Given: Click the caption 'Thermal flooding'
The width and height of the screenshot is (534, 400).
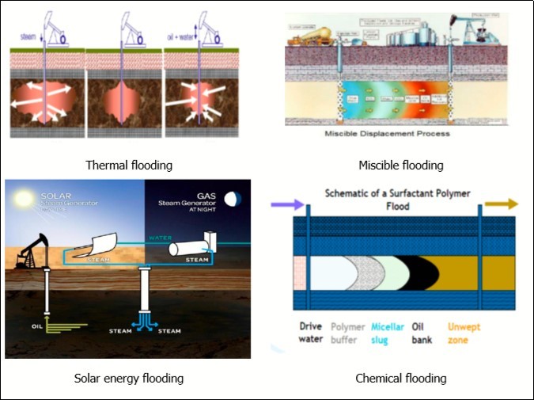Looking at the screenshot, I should point(130,166).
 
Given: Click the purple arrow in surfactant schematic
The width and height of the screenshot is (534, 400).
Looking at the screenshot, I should point(284,204).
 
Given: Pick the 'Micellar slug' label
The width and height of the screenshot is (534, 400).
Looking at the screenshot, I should point(388,333).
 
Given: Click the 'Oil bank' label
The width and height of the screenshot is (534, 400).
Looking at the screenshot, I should point(422,333).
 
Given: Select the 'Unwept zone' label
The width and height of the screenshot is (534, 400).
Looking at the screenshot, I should point(465,333).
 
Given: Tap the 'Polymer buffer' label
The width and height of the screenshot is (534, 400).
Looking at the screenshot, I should point(349,333).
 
